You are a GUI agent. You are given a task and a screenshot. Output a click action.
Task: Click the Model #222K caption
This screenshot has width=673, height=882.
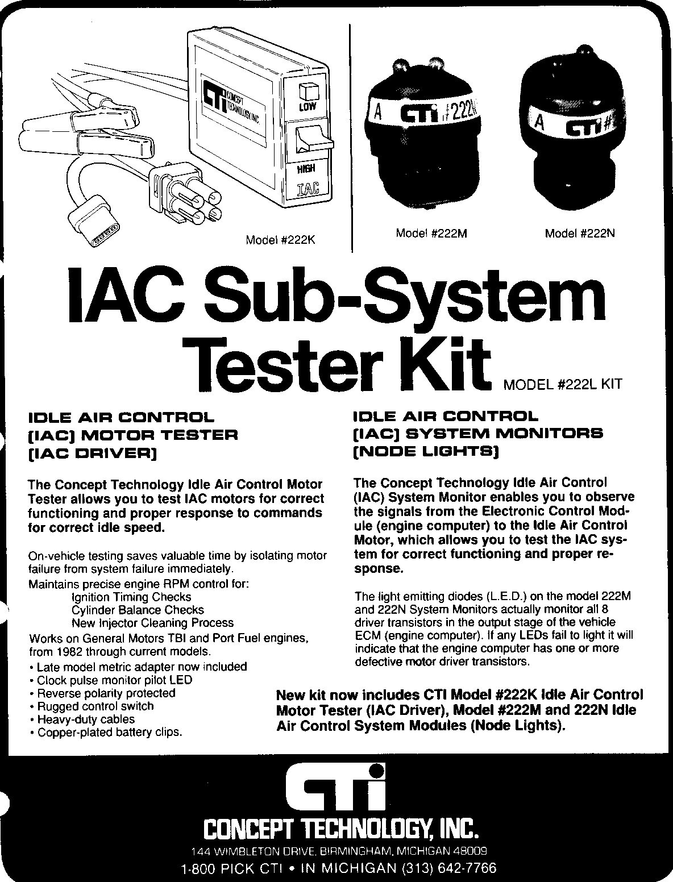coord(280,240)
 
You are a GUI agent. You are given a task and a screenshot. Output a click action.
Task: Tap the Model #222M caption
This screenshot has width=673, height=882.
coord(431,233)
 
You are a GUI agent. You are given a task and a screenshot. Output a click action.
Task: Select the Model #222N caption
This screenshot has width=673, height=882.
coord(580,233)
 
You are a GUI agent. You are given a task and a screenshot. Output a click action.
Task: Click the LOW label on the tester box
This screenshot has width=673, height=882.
coord(307,106)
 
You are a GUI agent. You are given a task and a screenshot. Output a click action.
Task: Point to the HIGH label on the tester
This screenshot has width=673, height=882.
coord(306,169)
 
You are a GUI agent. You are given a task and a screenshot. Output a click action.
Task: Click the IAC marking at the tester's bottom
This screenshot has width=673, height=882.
coord(307,188)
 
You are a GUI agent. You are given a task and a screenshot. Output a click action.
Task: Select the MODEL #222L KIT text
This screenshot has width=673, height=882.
coord(563,384)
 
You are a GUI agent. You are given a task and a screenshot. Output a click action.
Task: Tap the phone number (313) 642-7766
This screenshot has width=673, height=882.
coord(449,868)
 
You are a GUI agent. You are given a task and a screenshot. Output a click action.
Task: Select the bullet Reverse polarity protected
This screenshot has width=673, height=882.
coord(102,693)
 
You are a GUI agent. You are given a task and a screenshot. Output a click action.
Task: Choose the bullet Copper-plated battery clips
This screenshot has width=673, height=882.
coord(106,733)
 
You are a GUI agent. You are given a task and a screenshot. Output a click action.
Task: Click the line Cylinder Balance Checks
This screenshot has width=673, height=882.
coord(138,610)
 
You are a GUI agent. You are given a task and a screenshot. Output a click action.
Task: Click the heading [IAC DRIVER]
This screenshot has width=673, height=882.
coord(92,454)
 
